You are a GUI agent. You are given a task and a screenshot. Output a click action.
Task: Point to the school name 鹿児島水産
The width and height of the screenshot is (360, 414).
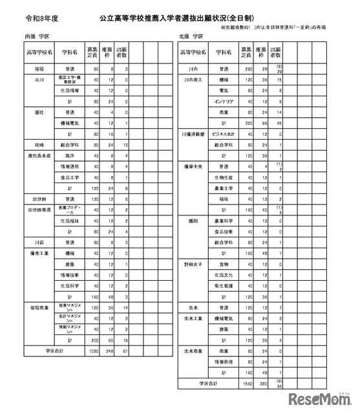point(39,155)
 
